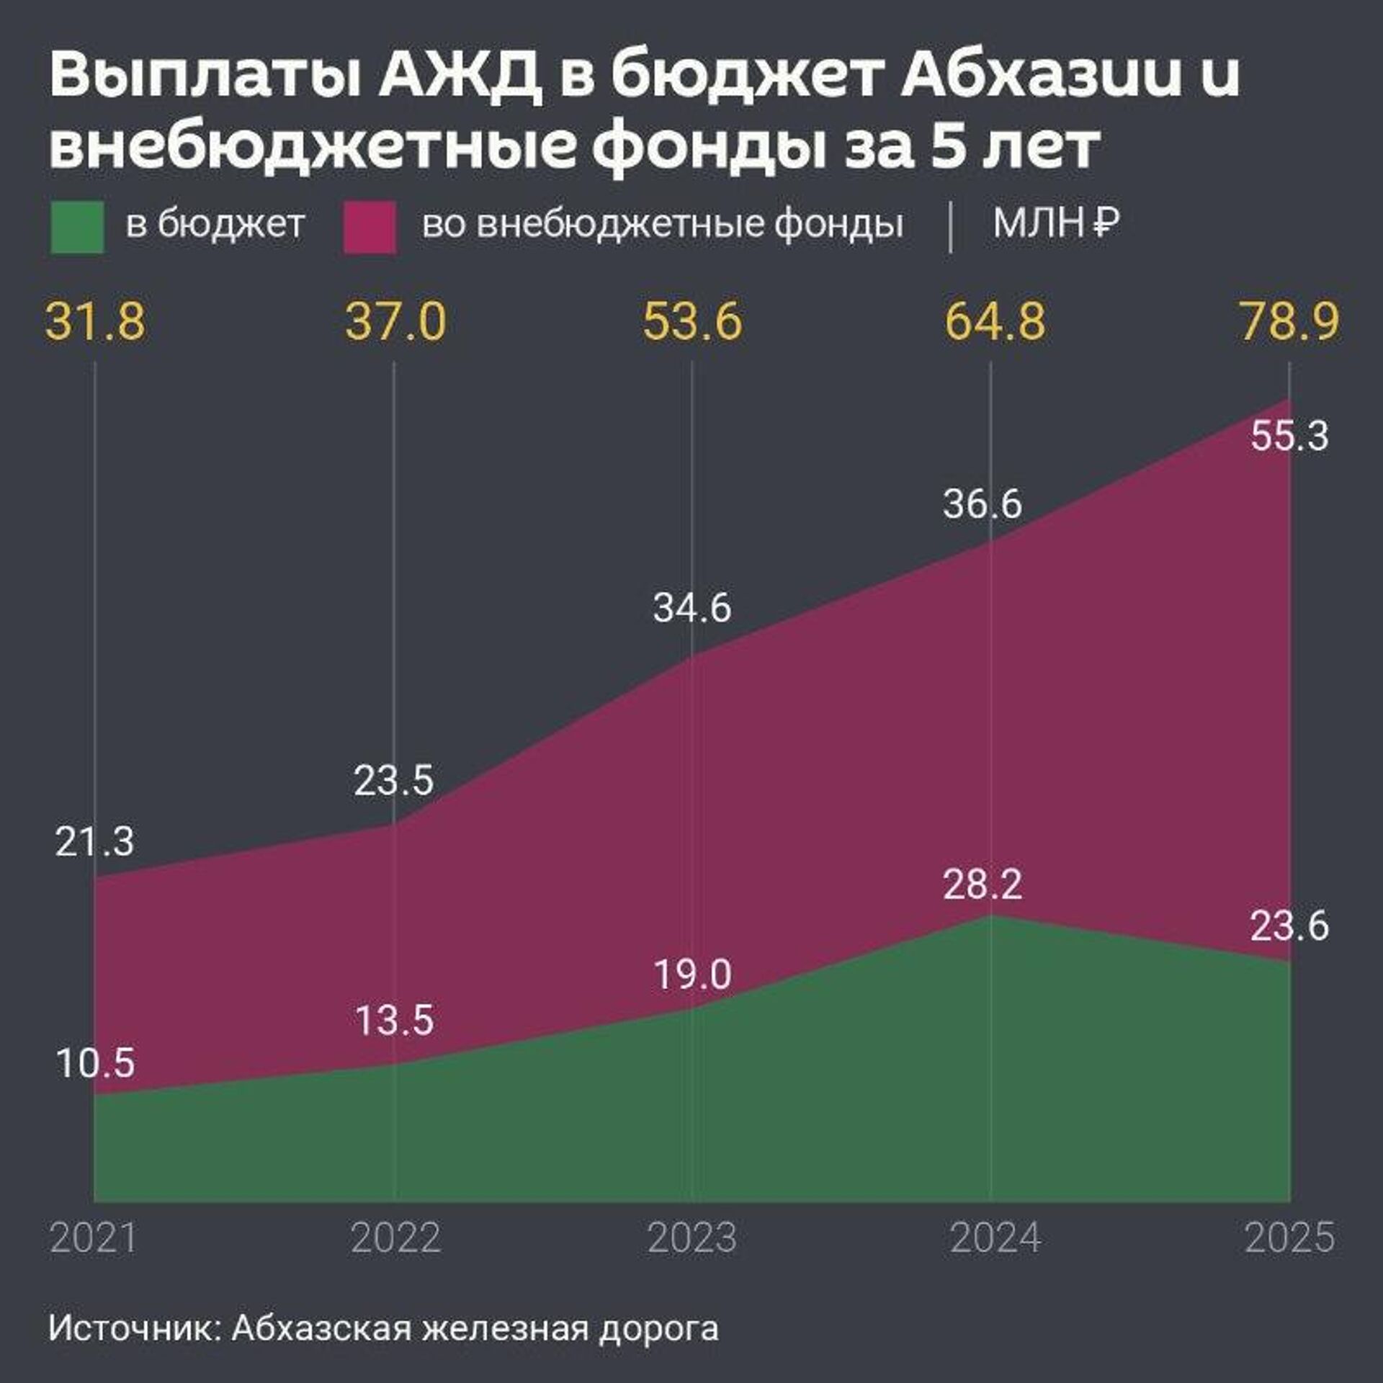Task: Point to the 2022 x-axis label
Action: pos(395,1238)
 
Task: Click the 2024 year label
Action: pos(995,1238)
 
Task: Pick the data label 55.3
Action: pos(1289,437)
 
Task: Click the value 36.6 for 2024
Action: pos(983,503)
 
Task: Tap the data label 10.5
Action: pos(95,1063)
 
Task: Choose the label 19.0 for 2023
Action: pos(692,974)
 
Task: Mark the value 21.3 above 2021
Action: pos(94,841)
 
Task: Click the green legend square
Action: pos(77,227)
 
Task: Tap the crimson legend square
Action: pos(370,227)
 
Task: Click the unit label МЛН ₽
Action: pos(1056,224)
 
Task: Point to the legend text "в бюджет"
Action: pos(215,225)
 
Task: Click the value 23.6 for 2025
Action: pos(1289,926)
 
